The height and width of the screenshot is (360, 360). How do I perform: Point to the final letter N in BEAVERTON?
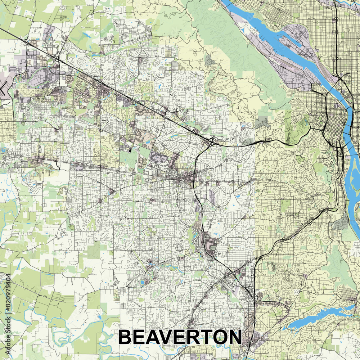pos(234,337)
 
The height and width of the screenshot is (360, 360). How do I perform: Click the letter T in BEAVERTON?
pos(205,337)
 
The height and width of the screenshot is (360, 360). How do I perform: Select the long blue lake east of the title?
pos(317,317)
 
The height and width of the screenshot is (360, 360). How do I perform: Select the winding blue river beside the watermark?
pos(22,317)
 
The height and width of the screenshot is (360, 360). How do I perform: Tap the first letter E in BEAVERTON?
pos(141,337)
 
